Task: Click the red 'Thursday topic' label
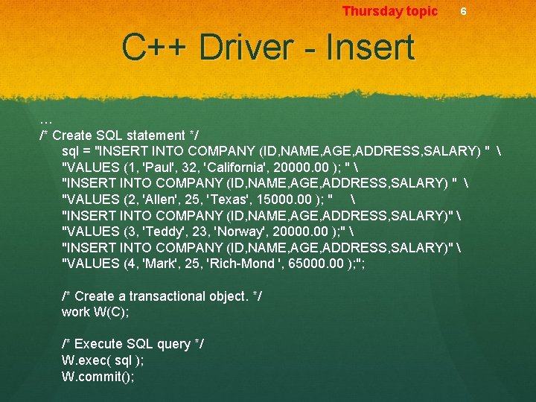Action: pos(390,11)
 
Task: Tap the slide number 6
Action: pos(463,12)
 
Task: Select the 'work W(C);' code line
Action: pos(95,312)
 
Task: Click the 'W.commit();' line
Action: pos(98,377)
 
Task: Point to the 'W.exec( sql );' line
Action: pos(103,360)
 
